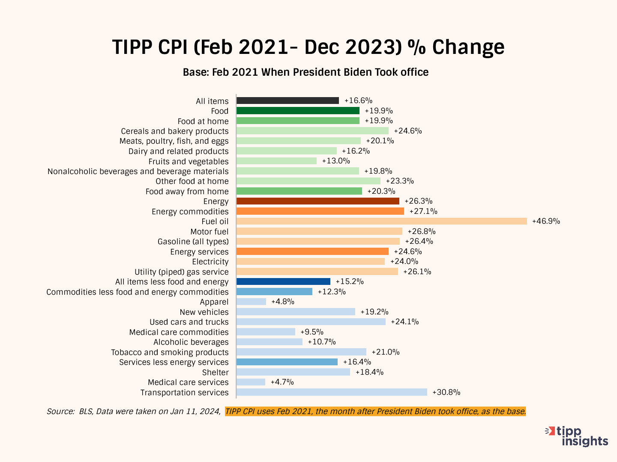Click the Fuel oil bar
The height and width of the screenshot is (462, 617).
381,221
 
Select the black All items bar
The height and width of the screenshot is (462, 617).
288,101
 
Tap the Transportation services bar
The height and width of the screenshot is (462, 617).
332,392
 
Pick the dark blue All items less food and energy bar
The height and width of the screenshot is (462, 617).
283,281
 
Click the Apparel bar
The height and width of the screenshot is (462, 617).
251,302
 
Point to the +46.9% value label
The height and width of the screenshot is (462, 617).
546,221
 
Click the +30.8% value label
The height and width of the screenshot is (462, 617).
446,392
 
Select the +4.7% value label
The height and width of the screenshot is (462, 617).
282,382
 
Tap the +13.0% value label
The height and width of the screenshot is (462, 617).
336,161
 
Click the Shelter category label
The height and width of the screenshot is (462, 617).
215,373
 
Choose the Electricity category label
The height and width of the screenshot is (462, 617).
210,262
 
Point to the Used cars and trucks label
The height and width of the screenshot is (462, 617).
189,322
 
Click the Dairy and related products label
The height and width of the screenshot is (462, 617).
178,151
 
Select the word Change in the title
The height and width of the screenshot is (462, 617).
468,47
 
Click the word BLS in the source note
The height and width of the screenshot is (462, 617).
85,412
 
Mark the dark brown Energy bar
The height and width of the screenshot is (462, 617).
317,201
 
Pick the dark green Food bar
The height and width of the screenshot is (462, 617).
298,111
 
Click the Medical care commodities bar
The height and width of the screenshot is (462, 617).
266,332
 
